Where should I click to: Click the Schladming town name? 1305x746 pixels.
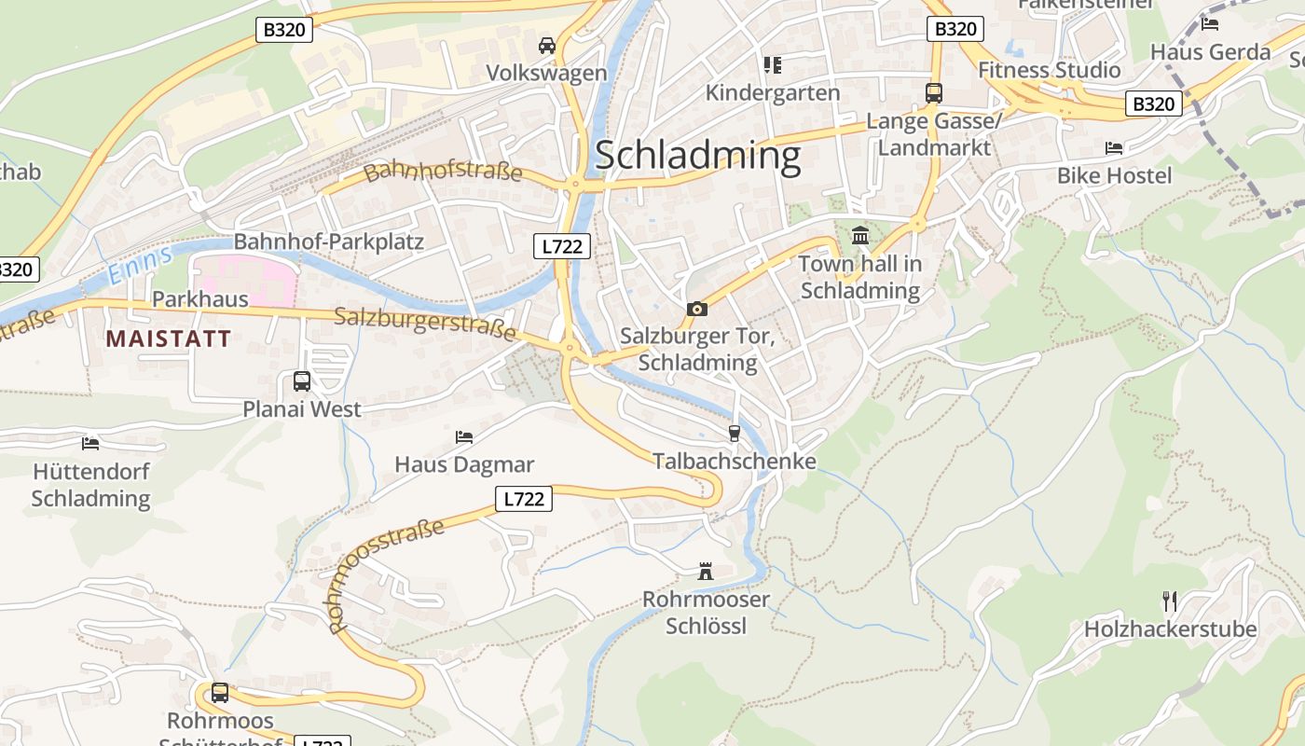(x=697, y=156)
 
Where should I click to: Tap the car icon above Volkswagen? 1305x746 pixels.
(x=547, y=45)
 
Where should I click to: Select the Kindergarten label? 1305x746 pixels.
(x=772, y=92)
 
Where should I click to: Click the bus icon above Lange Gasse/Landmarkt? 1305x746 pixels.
(x=933, y=92)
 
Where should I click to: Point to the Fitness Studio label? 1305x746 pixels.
(x=1049, y=70)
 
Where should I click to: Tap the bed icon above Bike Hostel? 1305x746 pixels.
(x=1114, y=147)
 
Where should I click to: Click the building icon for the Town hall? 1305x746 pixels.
(x=859, y=235)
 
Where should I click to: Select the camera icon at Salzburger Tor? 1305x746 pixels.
(x=696, y=309)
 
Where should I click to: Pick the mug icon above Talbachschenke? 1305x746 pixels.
(x=734, y=433)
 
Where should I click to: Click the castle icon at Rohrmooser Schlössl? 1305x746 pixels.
(x=706, y=571)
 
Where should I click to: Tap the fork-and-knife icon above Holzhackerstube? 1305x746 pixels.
(x=1170, y=601)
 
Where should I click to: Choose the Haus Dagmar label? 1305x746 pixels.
(x=464, y=464)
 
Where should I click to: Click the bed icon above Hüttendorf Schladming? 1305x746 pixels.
(x=90, y=443)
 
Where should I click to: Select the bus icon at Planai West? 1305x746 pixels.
(x=302, y=380)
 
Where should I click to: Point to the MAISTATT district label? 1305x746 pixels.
(x=168, y=338)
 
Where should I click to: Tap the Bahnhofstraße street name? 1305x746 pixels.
(x=443, y=172)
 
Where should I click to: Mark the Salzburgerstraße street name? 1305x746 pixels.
(x=425, y=323)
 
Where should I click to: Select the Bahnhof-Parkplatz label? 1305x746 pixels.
(x=328, y=242)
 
